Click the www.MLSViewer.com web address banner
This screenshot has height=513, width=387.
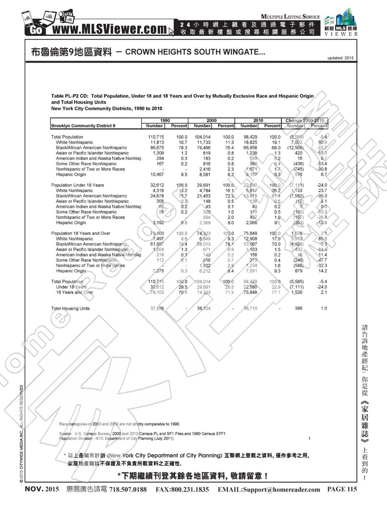pyautogui.click(x=108, y=29)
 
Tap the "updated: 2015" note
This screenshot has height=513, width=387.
pyautogui.click(x=341, y=58)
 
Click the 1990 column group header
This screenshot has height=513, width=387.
pyautogui.click(x=165, y=120)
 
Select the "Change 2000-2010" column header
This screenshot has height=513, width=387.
pyautogui.click(x=305, y=120)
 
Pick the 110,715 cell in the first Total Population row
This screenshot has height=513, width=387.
pyautogui.click(x=155, y=137)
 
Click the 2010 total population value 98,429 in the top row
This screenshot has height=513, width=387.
pyautogui.click(x=249, y=137)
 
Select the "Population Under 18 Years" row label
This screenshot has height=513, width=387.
pyautogui.click(x=77, y=185)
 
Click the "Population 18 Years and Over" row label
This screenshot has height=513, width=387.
pyautogui.click(x=81, y=233)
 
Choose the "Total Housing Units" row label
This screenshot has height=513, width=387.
pyautogui.click(x=70, y=308)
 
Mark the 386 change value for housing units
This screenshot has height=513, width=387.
pyautogui.click(x=298, y=308)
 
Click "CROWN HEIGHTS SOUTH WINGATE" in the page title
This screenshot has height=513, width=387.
pyautogui.click(x=195, y=52)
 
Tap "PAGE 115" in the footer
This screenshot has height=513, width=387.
pyautogui.click(x=342, y=489)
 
